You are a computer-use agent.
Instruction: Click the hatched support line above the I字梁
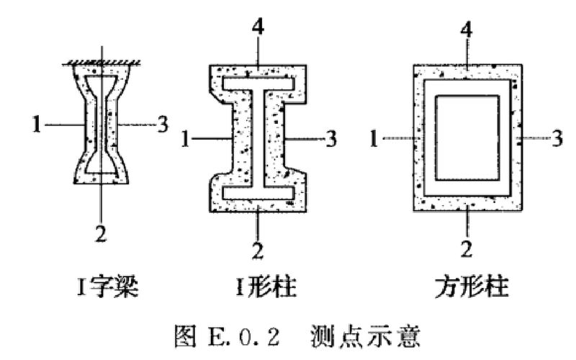point(102,59)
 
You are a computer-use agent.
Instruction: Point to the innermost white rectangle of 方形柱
point(467,138)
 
